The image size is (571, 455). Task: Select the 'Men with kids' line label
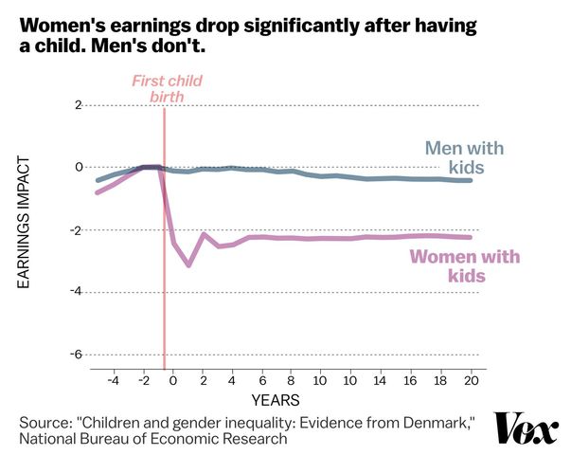click(x=464, y=157)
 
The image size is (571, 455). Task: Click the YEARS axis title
click(x=277, y=398)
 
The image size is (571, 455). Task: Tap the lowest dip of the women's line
click(x=188, y=264)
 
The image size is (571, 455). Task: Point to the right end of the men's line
click(x=471, y=180)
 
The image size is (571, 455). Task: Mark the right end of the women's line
click(x=471, y=237)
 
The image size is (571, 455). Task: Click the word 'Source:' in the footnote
click(x=47, y=420)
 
